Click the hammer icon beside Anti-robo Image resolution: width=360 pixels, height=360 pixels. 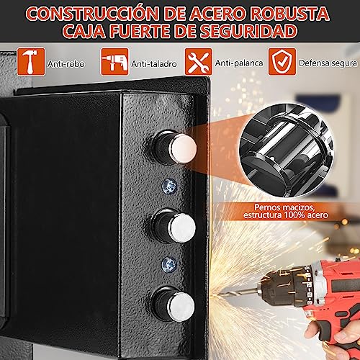click(x=31, y=62)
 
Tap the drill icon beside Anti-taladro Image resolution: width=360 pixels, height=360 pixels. click(x=114, y=62)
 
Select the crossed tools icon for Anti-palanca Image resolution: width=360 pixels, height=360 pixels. click(x=198, y=62)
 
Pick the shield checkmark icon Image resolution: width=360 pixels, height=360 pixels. click(x=282, y=62)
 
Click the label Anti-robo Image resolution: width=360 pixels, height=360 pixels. click(x=66, y=64)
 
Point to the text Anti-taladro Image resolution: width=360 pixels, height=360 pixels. click(x=154, y=64)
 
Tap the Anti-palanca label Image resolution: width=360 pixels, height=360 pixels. click(x=239, y=63)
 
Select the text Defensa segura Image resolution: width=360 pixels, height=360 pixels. click(x=328, y=63)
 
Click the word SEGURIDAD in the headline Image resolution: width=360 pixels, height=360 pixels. click(x=248, y=31)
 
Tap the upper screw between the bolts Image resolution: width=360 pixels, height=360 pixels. click(x=169, y=186)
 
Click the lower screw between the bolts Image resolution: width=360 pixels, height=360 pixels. click(x=169, y=265)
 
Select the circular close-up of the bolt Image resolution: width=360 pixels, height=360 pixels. click(x=287, y=150)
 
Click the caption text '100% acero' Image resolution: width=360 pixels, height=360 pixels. click(x=306, y=215)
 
